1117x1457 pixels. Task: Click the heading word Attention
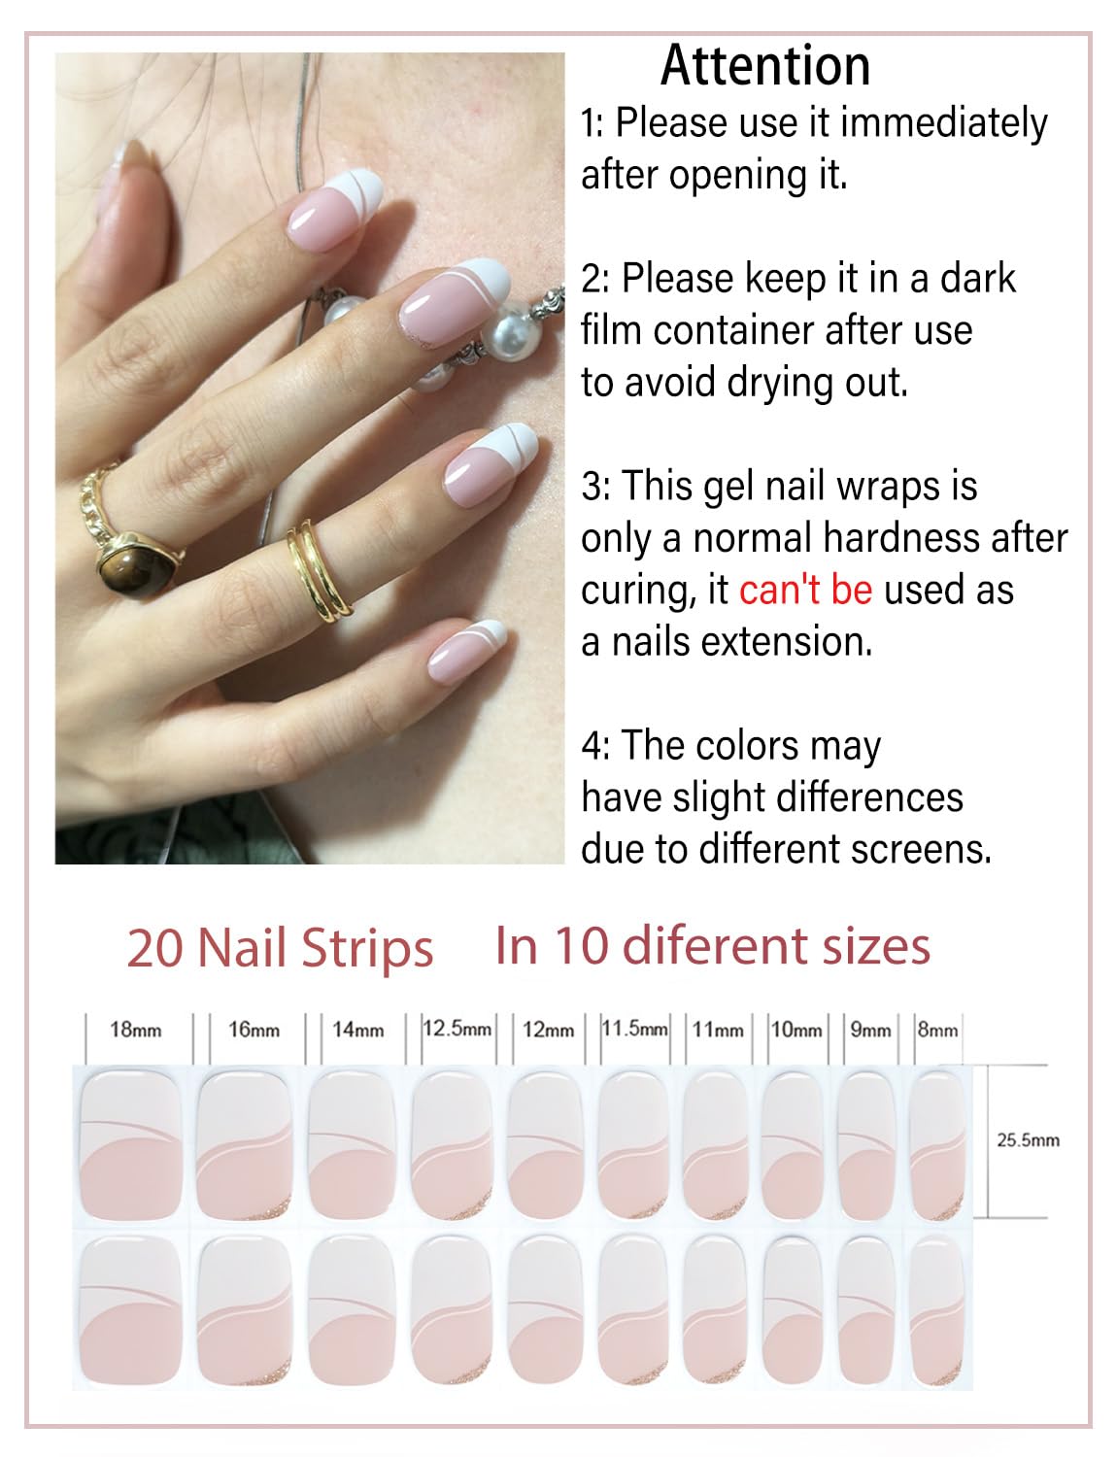point(764,66)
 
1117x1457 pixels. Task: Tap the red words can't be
point(805,590)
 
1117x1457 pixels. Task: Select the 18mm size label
point(135,1029)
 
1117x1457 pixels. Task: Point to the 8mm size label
point(937,1029)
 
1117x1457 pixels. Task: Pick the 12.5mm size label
point(457,1028)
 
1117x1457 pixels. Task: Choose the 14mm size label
point(357,1029)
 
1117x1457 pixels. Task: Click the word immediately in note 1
point(943,123)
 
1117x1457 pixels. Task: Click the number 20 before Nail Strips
point(155,948)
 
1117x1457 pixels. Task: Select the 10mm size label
point(795,1029)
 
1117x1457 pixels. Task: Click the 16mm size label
point(254,1029)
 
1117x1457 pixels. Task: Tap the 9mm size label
point(870,1029)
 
